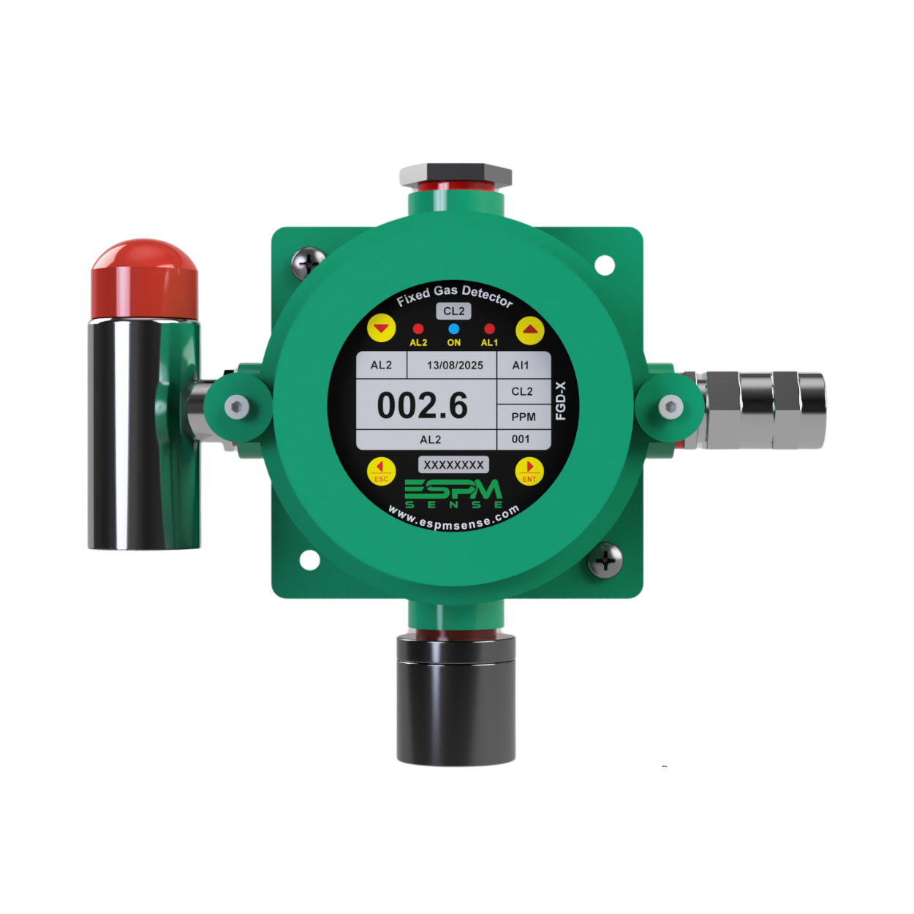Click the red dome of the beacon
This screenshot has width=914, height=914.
(x=144, y=279)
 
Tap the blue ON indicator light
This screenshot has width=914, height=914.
(x=453, y=329)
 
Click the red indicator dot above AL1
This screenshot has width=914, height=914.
(x=489, y=329)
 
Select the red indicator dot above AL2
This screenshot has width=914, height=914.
(x=418, y=329)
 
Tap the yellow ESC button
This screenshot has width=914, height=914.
(x=382, y=471)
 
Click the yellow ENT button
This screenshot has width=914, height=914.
(x=529, y=471)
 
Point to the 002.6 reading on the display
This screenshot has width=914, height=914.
(x=422, y=406)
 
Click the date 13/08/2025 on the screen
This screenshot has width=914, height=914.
(x=455, y=365)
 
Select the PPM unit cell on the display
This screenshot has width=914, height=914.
(x=524, y=417)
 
